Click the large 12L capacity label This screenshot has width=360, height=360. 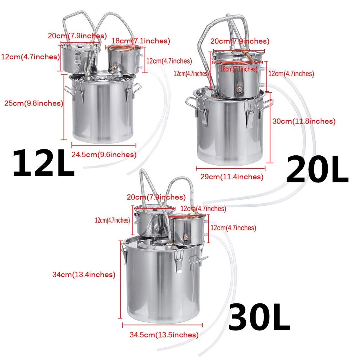pyautogui.click(x=44, y=163)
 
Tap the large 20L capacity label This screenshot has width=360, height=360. pyautogui.click(x=317, y=170)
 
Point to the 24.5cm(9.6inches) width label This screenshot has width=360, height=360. pyautogui.click(x=104, y=154)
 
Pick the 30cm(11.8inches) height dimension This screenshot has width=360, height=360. pyautogui.click(x=304, y=121)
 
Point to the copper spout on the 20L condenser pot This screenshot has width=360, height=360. pyautogui.click(x=239, y=90)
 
